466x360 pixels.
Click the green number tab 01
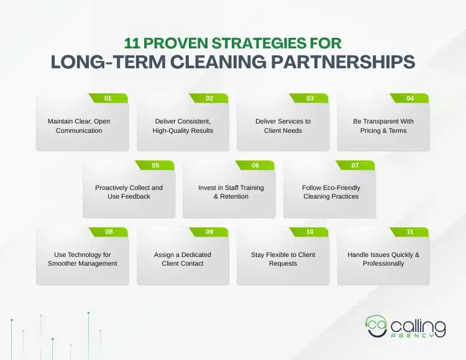[x=108, y=98]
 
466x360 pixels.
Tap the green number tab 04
[x=409, y=98]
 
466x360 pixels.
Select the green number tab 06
[x=255, y=165]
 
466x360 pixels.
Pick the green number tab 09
[x=209, y=232]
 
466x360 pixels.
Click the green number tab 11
[x=409, y=232]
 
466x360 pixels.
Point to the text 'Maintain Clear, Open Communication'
[x=79, y=126]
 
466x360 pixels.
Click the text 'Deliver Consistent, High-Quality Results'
[x=183, y=126]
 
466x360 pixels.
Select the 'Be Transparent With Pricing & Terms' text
[x=383, y=126]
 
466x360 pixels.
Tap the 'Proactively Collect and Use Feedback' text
[x=129, y=192]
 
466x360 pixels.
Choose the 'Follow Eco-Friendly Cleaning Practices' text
[x=331, y=192]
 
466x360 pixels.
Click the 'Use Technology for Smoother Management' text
[x=83, y=259]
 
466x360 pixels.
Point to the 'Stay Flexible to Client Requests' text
[x=283, y=259]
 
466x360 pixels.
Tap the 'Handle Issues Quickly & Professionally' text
[x=383, y=259]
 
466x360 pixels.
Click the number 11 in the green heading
[x=132, y=43]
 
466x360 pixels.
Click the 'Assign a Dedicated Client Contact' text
[x=183, y=259]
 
